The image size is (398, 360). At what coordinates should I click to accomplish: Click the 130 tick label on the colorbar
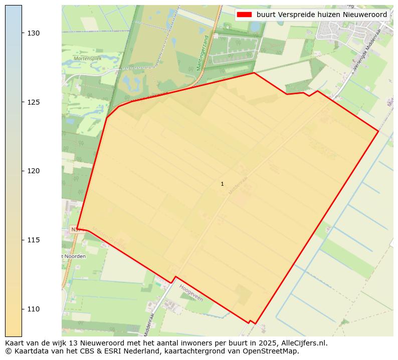coord(34,33)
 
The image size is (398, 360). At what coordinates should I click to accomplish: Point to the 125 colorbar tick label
coord(34,102)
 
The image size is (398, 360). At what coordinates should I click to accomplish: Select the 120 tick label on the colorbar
coord(34,171)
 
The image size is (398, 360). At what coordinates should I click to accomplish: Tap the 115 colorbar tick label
coord(34,240)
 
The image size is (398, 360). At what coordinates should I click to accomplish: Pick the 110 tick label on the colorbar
coord(34,309)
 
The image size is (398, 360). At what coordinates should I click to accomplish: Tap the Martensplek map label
coord(87,59)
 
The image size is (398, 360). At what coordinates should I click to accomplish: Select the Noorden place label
coord(75,256)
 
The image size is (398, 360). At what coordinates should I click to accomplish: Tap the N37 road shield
coord(76,229)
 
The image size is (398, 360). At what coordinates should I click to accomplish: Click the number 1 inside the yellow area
coord(222,184)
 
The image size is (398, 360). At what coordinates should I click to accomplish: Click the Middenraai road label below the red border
coord(148,324)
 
